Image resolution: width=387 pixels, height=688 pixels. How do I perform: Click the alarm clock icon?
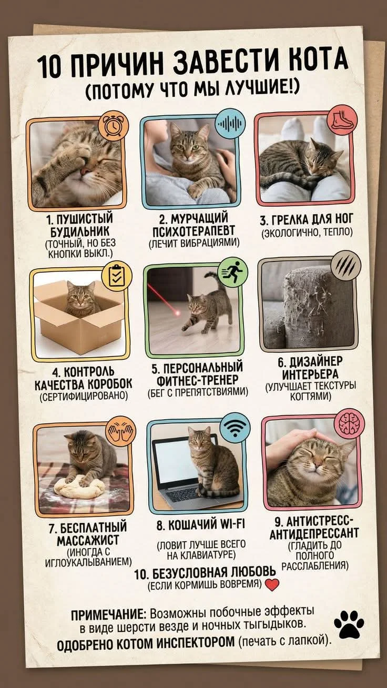114,126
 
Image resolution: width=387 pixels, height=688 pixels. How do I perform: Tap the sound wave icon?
230,124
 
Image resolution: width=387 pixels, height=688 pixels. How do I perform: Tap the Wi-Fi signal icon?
235,427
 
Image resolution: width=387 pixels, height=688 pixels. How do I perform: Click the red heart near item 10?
272,585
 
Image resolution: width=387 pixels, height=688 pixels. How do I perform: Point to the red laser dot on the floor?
177,313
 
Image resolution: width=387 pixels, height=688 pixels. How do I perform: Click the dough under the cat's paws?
79,487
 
